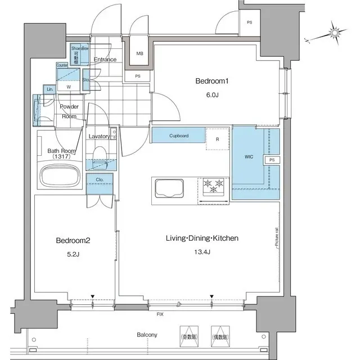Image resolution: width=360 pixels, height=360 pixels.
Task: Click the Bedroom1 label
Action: (211, 82)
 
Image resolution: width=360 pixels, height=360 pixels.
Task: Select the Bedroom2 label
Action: (73, 241)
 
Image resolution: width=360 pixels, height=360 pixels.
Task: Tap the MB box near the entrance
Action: (139, 55)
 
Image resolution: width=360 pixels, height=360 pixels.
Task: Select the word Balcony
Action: (147, 335)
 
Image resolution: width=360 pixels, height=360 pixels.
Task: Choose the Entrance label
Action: (105, 60)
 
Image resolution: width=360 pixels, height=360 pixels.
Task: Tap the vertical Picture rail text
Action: (277, 237)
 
